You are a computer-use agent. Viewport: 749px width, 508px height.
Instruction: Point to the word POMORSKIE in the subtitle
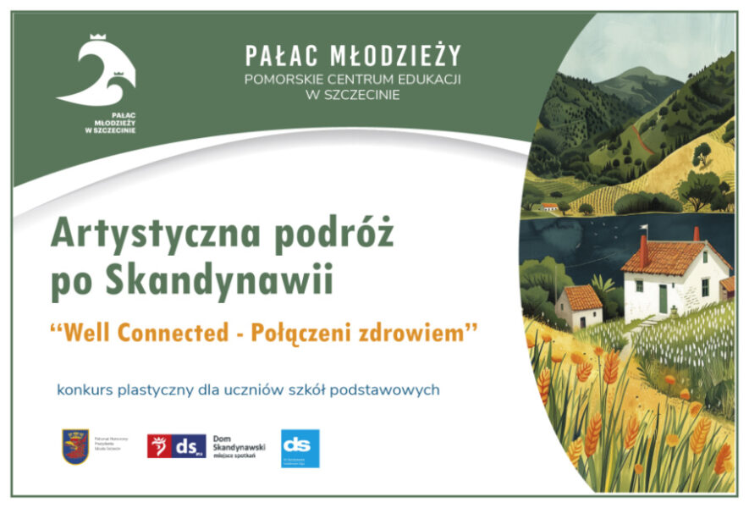click(282, 80)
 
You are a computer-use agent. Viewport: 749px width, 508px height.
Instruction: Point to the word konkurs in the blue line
click(85, 390)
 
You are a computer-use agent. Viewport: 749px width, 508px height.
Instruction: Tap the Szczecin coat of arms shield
click(75, 445)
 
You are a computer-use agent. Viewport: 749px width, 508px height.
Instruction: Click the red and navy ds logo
click(177, 445)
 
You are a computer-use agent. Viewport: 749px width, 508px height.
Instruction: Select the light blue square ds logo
click(300, 448)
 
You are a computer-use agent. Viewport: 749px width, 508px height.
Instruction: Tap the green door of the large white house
click(663, 298)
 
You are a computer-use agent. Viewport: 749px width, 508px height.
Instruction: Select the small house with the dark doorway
click(580, 306)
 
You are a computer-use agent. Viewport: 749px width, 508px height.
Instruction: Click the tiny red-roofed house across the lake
click(550, 207)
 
